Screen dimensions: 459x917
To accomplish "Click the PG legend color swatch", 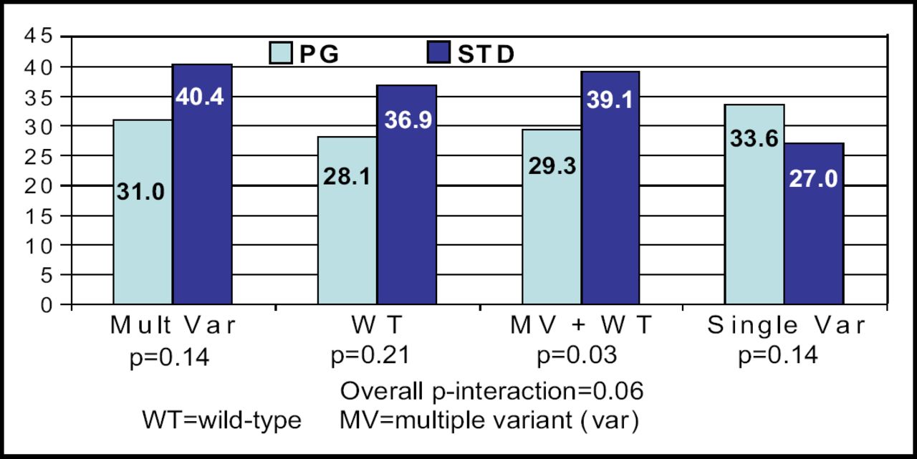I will (281, 54).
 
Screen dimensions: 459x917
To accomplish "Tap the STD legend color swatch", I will (437, 54).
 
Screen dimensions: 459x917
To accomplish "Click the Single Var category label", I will (787, 327).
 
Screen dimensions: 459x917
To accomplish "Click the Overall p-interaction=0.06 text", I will (491, 391).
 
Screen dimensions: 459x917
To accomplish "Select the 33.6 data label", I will (754, 138).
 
